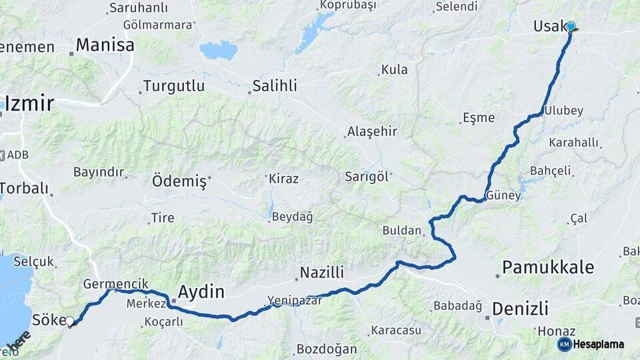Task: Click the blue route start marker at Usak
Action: pos(571,26)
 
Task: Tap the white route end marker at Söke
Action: pos(70,322)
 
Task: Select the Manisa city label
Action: pos(105,45)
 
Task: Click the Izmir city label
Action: pos(29,103)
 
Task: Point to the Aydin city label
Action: pos(201,291)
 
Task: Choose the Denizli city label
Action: pos(520,308)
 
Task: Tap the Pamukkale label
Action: pos(547,267)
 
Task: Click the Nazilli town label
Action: pos(321,272)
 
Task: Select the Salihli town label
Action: pos(275,86)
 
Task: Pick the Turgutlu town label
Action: pos(173,87)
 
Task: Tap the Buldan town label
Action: pos(402,231)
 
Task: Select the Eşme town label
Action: pos(479,118)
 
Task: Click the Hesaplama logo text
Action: pos(599,344)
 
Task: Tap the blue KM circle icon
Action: pos(564,344)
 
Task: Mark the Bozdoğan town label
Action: pos(327,349)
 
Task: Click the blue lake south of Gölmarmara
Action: pos(218,50)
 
